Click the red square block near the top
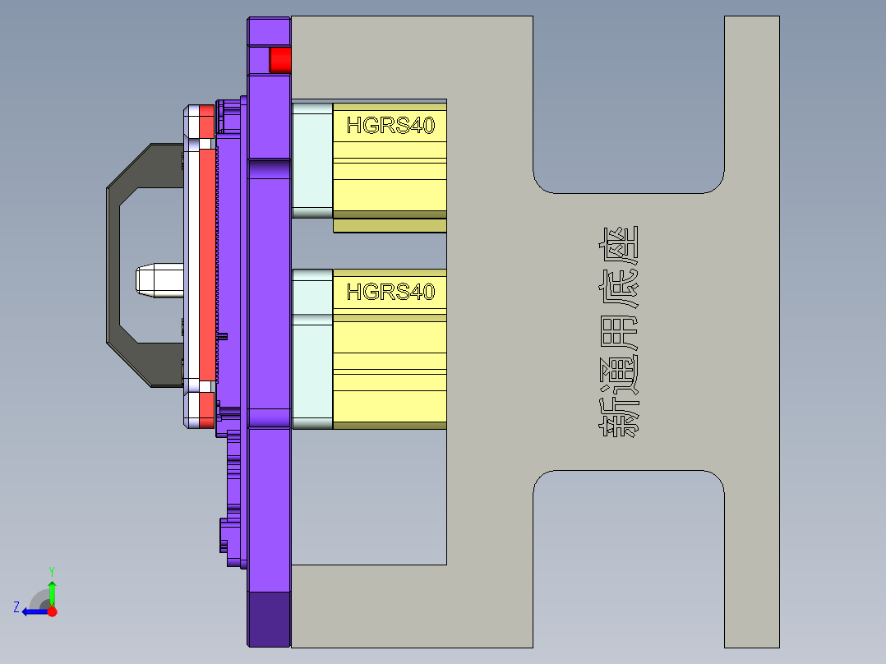coord(280,60)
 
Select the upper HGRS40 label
coord(390,126)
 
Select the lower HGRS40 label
coord(390,292)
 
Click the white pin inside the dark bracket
coord(159,279)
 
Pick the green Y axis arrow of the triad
coord(52,590)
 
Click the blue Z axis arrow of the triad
coord(35,611)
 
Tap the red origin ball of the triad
coord(53,611)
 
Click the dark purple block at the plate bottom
coord(269,619)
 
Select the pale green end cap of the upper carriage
coord(312,160)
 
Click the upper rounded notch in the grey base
coord(629,107)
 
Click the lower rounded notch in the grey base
coord(629,559)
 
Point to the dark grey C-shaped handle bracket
coord(114,263)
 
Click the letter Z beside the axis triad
coord(16,607)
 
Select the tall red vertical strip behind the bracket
coord(206,263)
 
